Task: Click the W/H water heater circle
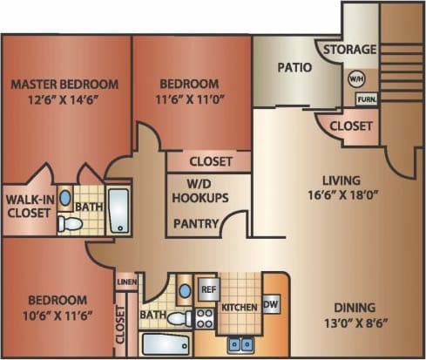point(355,79)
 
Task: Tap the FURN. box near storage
point(366,98)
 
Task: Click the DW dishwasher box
point(270,304)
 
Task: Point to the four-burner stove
point(205,317)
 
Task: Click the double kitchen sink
point(240,344)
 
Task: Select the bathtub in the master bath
point(118,210)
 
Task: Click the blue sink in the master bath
point(64,197)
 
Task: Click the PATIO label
point(295,67)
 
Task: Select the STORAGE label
point(350,50)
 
